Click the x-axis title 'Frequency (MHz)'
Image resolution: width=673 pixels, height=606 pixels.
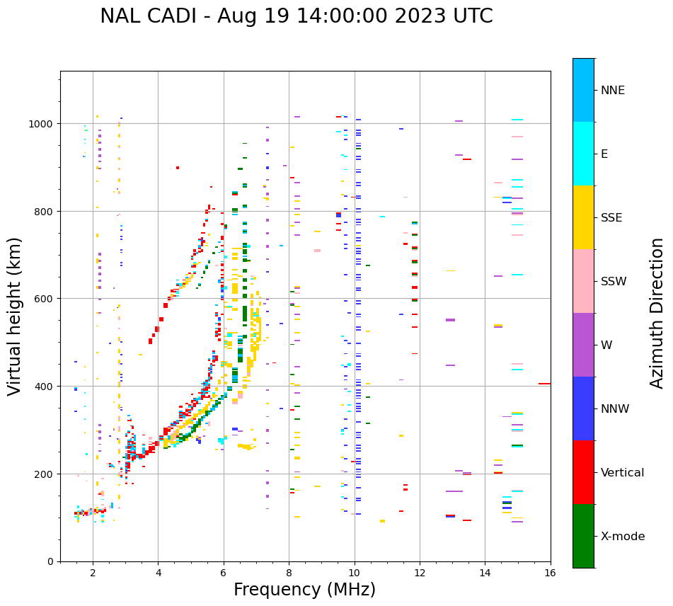click(x=304, y=590)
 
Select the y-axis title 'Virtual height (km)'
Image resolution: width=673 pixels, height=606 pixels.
click(x=15, y=316)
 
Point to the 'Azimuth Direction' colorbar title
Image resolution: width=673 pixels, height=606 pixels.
click(x=657, y=313)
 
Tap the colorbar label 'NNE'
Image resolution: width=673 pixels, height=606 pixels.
click(x=613, y=90)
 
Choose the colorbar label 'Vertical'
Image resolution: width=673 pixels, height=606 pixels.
click(x=622, y=472)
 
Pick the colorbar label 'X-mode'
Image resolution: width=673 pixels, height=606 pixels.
click(x=623, y=536)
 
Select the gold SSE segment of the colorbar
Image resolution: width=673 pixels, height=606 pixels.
click(x=583, y=217)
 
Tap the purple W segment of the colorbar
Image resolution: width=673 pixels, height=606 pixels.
click(x=583, y=345)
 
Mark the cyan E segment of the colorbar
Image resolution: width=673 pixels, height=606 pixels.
click(x=583, y=154)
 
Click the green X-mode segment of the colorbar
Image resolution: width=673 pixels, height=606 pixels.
click(x=583, y=536)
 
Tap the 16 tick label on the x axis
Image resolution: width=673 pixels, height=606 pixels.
click(x=550, y=573)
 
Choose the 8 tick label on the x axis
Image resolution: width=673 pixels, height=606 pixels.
click(x=289, y=573)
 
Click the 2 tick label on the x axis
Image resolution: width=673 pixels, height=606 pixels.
click(x=93, y=573)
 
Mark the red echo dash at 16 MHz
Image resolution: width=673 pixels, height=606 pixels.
click(x=544, y=384)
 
